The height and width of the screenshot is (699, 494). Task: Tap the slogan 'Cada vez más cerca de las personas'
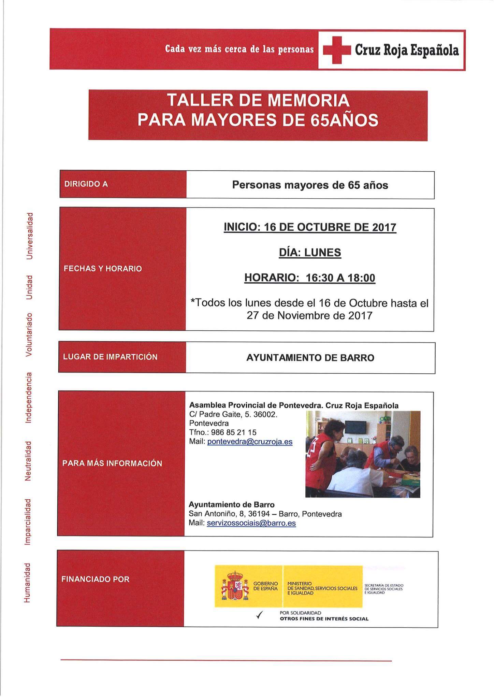(239, 49)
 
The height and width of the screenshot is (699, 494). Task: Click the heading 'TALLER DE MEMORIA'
(258, 100)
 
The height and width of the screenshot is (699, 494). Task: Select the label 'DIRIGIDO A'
(86, 184)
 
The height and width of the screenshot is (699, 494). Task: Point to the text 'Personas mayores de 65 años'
(310, 185)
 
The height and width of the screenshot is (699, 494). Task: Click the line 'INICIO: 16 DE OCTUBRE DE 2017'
(310, 227)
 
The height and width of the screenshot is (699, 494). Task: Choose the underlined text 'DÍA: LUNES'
(310, 253)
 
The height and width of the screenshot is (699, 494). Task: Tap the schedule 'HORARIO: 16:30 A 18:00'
(310, 278)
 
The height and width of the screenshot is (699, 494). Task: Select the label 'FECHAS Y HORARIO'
(103, 269)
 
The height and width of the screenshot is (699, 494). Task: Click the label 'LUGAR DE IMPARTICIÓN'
(110, 357)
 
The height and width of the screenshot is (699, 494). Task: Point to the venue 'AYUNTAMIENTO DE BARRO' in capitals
(310, 358)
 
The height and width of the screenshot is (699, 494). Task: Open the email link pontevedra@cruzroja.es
(250, 442)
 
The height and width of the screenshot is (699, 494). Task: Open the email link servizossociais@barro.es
(251, 523)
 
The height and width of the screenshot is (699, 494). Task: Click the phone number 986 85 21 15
(234, 432)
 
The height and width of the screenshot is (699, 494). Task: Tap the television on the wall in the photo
(356, 427)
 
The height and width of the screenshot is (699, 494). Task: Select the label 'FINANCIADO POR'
(96, 579)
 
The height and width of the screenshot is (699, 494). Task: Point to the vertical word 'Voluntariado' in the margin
(30, 334)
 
